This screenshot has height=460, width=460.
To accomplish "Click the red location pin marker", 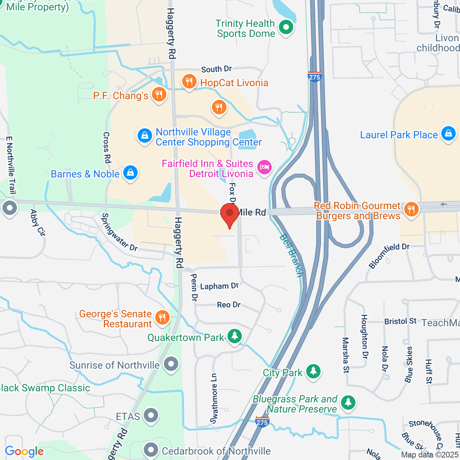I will [x=230, y=214].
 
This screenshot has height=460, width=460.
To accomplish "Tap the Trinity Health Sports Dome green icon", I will [x=286, y=28].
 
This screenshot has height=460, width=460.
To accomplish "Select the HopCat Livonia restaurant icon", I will [x=189, y=82].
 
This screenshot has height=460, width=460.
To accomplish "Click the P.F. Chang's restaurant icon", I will [x=159, y=94].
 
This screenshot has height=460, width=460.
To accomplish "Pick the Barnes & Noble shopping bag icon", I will [x=131, y=173].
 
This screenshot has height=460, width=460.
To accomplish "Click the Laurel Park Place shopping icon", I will [x=448, y=134].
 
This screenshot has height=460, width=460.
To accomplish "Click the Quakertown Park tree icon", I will [x=235, y=336].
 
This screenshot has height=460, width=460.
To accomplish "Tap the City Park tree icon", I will [x=314, y=371].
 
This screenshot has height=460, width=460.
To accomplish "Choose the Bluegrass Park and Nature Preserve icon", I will [x=348, y=402].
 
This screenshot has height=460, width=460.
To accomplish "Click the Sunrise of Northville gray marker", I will [x=171, y=364].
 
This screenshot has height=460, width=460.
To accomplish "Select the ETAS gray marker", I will [x=151, y=416].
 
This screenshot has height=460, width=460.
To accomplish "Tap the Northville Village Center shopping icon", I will [x=145, y=135].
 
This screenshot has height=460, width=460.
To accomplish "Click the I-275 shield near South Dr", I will [x=314, y=76].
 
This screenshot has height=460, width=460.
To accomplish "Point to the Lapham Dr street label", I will [x=219, y=286].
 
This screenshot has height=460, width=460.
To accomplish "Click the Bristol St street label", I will [x=400, y=321].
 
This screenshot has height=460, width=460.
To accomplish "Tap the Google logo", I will [x=25, y=452].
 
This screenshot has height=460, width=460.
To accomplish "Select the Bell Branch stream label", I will [x=291, y=255].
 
